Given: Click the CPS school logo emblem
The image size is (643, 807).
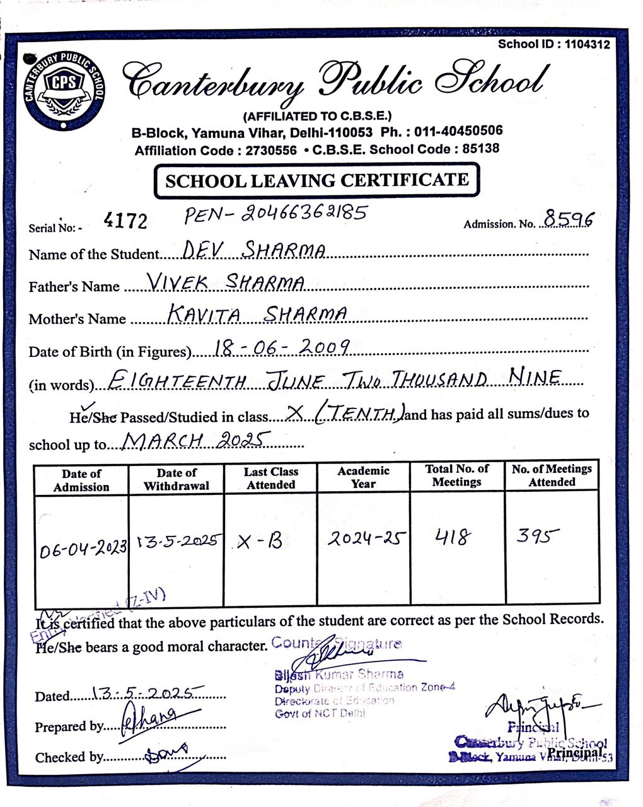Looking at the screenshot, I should [x=63, y=88].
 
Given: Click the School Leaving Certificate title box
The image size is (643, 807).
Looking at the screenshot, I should [x=317, y=181].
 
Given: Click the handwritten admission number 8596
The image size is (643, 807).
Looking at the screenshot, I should [x=569, y=219].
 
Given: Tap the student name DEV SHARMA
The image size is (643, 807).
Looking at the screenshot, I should [x=254, y=250].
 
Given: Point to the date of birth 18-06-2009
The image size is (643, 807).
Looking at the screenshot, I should [x=282, y=346].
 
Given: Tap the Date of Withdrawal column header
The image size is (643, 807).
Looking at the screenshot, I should [x=177, y=479].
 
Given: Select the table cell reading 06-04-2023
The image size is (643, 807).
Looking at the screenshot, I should [x=83, y=549].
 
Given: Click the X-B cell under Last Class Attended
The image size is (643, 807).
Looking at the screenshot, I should [x=260, y=542].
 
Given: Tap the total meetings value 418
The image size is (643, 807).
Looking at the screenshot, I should [x=453, y=537].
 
